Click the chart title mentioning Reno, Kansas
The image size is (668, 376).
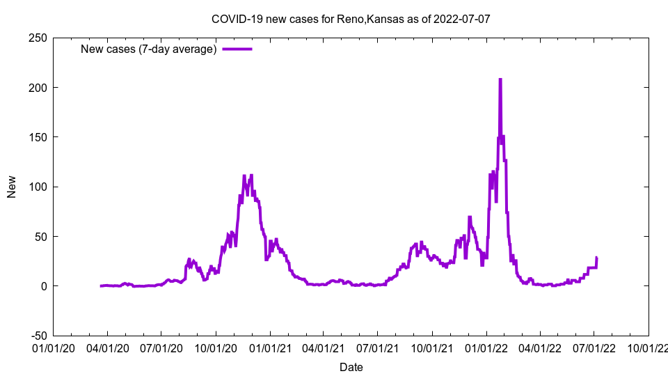click(x=351, y=19)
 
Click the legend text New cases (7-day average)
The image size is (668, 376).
click(x=148, y=49)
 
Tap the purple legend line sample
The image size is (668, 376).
click(x=237, y=49)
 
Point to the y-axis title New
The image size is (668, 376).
click(x=12, y=187)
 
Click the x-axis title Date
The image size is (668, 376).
click(x=351, y=367)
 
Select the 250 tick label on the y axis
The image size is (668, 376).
click(x=38, y=38)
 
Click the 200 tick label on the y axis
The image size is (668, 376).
click(x=38, y=88)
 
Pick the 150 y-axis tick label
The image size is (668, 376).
click(x=38, y=137)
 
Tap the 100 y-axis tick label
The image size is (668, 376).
click(x=38, y=187)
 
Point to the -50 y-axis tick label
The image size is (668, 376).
click(x=38, y=336)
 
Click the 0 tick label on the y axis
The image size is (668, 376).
click(x=43, y=286)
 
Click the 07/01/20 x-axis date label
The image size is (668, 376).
click(x=161, y=347)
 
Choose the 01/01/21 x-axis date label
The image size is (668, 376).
click(x=270, y=347)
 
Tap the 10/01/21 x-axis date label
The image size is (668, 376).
click(x=431, y=347)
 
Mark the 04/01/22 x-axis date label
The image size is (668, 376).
click(x=540, y=347)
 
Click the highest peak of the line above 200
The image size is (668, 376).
click(x=500, y=80)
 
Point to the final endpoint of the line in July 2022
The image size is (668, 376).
click(x=596, y=258)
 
